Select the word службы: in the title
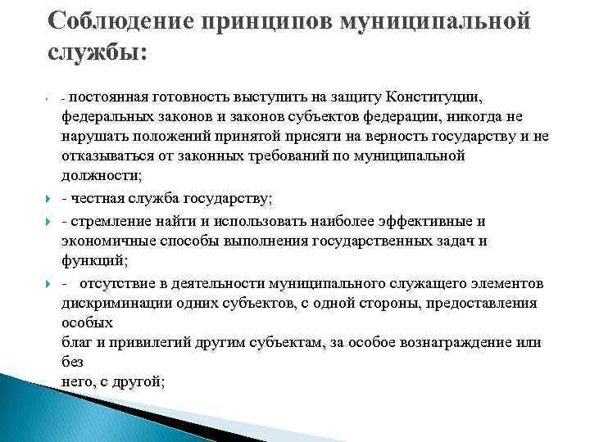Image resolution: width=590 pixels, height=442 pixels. tap(97, 53)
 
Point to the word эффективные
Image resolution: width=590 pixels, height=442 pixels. tap(426, 221)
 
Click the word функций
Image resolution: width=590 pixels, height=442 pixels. tap(91, 260)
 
